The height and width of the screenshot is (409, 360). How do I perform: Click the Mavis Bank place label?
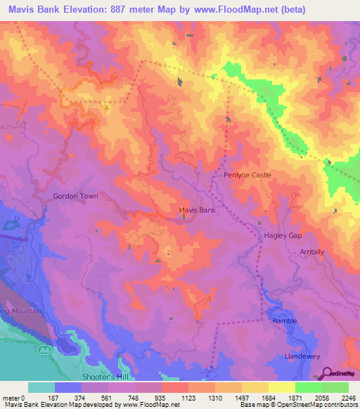(197, 210)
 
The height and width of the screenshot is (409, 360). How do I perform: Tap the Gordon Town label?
(75, 197)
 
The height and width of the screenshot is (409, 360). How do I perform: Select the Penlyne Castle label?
(247, 175)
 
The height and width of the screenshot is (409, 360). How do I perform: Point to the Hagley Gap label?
(283, 236)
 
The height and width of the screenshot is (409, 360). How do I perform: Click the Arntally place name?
(311, 252)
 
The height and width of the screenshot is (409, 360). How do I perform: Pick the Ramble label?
(285, 320)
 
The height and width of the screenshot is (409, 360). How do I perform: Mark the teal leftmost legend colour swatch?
(41, 387)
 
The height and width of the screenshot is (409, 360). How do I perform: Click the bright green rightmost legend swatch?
(335, 387)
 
